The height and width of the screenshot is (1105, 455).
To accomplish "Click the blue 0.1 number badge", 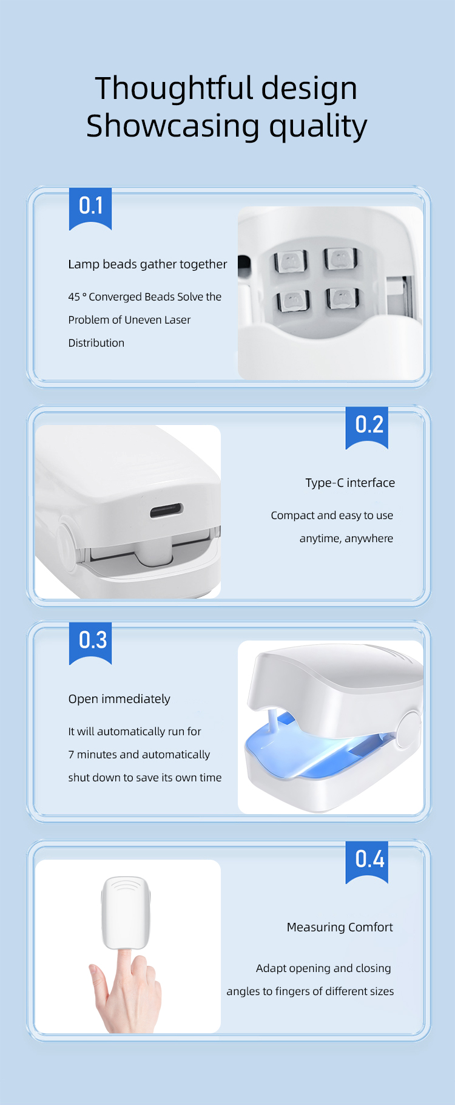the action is [x=90, y=209].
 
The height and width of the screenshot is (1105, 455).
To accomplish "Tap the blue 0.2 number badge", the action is [x=367, y=427].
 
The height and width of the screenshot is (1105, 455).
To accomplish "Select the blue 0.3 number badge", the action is [x=90, y=643].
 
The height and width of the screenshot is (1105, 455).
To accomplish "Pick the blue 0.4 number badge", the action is [x=367, y=862].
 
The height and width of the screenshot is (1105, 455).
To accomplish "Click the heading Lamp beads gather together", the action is [x=147, y=264].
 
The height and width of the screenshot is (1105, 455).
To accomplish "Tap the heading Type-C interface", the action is [x=350, y=483].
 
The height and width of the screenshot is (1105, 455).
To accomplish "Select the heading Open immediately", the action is [x=119, y=699].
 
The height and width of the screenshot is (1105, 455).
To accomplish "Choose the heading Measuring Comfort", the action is [x=340, y=927].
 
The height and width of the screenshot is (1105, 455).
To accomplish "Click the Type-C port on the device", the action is [x=167, y=511].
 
